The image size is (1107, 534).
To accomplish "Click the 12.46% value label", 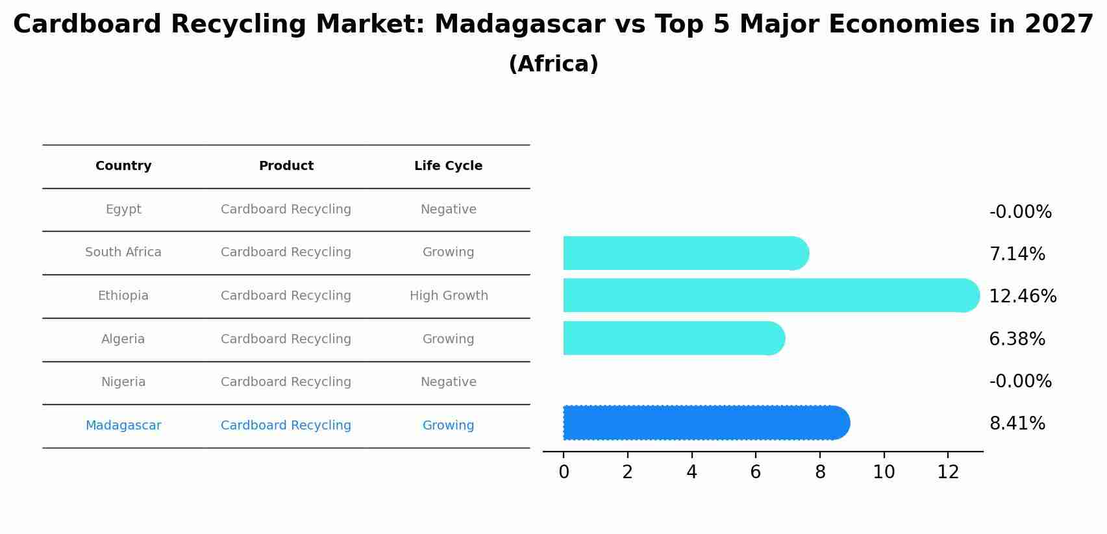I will (1022, 297).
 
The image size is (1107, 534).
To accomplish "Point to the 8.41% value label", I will (1017, 424).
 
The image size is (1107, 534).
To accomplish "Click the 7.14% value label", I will (1017, 254).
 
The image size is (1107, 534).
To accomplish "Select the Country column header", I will (123, 166).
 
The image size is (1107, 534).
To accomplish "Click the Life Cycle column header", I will (448, 166).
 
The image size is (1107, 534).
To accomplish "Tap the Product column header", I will (286, 166).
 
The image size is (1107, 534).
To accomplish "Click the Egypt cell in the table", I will (123, 210).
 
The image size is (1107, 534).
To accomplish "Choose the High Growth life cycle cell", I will (448, 296).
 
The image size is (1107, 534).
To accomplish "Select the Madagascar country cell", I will (123, 426).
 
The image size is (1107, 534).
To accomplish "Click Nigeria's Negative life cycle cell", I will (448, 382).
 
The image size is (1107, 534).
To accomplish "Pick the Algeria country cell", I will (123, 339).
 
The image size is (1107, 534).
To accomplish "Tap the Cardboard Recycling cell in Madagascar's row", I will (286, 426).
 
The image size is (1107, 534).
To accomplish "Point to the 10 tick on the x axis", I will (884, 472).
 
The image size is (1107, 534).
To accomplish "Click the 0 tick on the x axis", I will (564, 472).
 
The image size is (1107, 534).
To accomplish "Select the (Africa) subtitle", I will (553, 64).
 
